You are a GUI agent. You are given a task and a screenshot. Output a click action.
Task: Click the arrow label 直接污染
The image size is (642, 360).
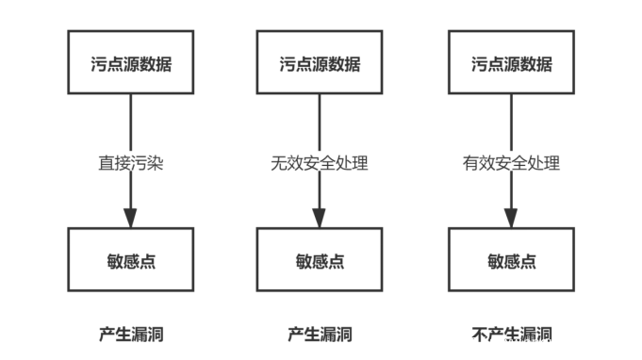pos(131,163)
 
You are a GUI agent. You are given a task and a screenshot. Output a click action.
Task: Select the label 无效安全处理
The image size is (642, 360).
pos(319,163)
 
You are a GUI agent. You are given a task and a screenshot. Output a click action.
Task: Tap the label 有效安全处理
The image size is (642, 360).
pos(511,163)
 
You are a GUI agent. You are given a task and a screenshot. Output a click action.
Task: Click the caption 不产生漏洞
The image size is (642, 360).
pos(511,334)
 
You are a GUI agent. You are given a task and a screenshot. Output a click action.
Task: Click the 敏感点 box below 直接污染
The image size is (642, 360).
pos(130,260)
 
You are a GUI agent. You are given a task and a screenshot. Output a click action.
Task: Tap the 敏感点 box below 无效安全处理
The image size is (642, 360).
pos(319,260)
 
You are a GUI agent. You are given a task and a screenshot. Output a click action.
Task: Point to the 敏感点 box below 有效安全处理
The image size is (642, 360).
pos(511,260)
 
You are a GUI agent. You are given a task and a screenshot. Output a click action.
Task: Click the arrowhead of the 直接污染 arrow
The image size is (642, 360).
pos(130,217)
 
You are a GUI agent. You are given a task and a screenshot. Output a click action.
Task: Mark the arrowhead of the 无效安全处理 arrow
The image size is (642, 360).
pos(319,217)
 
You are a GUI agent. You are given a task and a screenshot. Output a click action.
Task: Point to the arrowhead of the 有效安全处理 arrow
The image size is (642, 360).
pos(511,217)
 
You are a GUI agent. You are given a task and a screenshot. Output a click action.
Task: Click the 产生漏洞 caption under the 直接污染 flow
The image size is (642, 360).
pos(131,334)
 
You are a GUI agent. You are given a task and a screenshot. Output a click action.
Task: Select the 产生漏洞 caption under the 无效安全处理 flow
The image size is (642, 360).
pos(319,334)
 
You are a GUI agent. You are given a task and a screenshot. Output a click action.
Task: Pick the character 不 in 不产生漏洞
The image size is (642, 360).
pos(479,334)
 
